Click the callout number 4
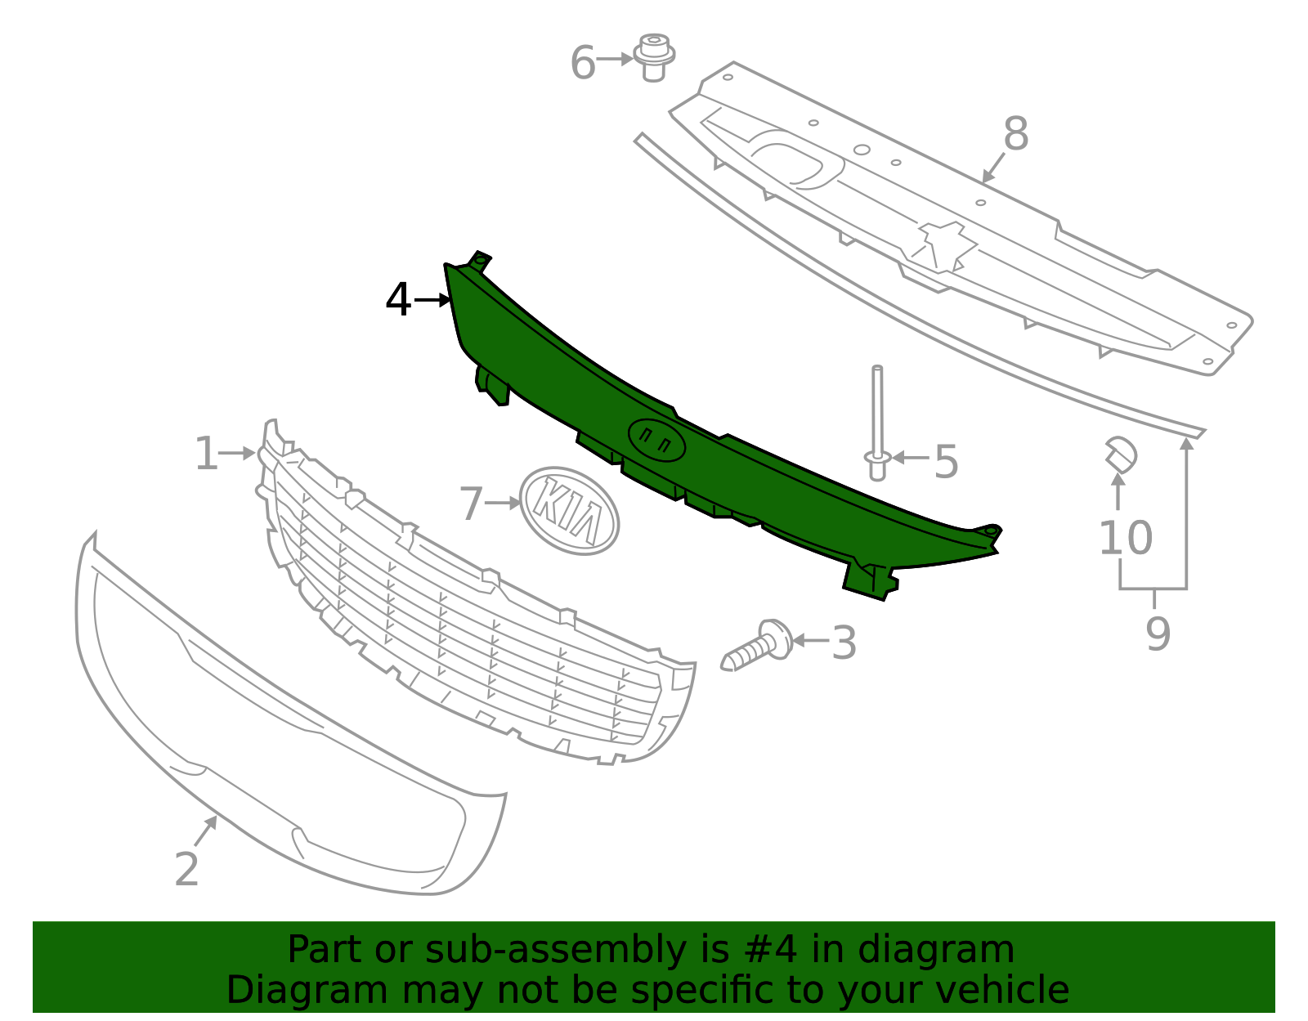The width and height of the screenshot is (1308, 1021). tap(398, 300)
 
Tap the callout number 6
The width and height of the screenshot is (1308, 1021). tap(582, 63)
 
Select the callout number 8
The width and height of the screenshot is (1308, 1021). tap(1015, 134)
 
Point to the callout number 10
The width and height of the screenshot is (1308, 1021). tap(1125, 538)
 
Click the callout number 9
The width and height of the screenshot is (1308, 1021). tap(1158, 634)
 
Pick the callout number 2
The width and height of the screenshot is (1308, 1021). tap(186, 869)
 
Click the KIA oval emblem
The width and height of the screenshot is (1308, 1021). tap(570, 511)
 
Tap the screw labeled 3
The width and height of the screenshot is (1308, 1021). tap(758, 645)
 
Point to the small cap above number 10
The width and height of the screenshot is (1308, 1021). tap(1121, 455)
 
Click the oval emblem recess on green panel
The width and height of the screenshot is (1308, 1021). tap(656, 441)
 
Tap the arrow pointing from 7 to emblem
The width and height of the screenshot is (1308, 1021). tap(502, 503)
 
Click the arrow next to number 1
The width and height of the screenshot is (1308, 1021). tap(237, 453)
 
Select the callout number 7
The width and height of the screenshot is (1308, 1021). tap(472, 504)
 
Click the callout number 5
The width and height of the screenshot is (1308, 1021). tap(946, 463)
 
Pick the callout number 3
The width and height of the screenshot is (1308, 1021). tap(844, 643)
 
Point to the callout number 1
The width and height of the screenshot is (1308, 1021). tap(206, 454)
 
